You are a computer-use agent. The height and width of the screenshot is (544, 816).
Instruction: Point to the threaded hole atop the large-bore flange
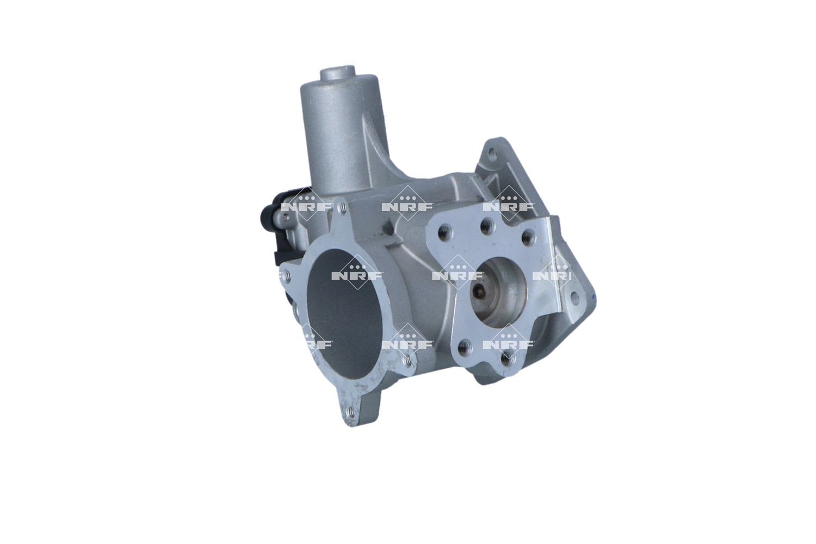(342, 209)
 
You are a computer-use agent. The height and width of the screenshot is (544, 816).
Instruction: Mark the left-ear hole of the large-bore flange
(287, 276)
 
